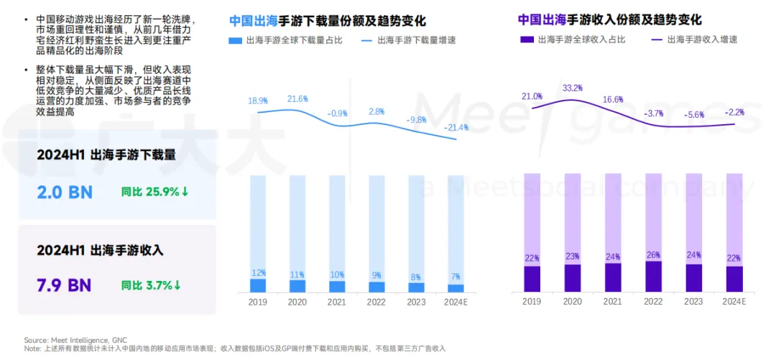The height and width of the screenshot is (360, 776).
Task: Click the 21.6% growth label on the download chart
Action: (297, 98)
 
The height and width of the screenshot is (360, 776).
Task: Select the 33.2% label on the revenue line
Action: (573, 88)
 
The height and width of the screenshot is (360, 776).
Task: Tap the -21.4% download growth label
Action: (456, 127)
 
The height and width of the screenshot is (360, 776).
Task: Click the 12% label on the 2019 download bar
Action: (258, 272)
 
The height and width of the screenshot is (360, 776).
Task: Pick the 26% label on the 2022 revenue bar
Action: (654, 254)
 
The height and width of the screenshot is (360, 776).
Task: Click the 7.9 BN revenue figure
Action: (64, 285)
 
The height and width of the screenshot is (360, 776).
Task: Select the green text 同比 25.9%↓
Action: (155, 192)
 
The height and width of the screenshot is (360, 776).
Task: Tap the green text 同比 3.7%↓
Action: (151, 285)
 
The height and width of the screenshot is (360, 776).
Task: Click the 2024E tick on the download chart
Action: (455, 302)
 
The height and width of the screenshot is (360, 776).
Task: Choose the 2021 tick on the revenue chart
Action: (613, 301)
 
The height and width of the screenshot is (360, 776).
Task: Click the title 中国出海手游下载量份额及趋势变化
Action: (328, 20)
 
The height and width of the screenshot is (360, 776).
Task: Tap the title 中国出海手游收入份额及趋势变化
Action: (609, 19)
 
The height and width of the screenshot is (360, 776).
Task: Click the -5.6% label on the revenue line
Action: (694, 114)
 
